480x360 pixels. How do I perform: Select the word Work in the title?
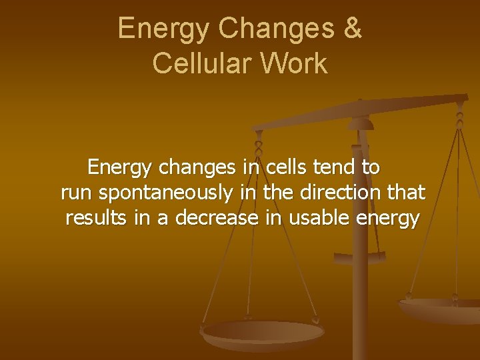tap(295, 63)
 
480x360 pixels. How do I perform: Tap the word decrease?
tap(217, 218)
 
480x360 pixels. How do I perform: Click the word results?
tap(97, 218)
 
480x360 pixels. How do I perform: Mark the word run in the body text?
tap(77, 193)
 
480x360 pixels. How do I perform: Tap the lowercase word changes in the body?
tap(197, 167)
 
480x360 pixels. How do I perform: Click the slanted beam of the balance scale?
tap(360, 114)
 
